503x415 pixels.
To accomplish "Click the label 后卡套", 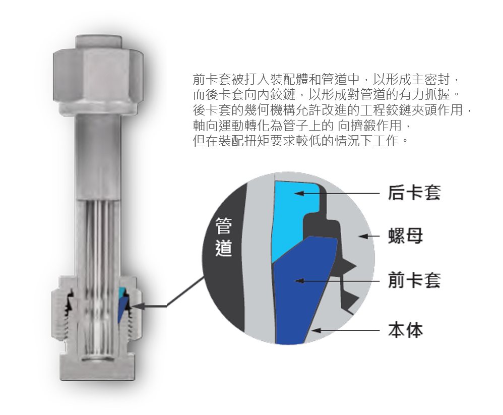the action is [x=414, y=193].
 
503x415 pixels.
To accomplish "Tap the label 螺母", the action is [x=406, y=236].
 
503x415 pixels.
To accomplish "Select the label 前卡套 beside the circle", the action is [x=414, y=280].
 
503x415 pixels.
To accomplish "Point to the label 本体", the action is [x=406, y=330].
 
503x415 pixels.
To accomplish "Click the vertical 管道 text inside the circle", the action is [x=223, y=236].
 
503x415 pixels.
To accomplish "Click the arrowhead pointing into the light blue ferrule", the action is [x=299, y=193].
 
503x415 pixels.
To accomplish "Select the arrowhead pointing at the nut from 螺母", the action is [x=363, y=236].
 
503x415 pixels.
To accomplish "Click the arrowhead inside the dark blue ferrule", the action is [x=299, y=281].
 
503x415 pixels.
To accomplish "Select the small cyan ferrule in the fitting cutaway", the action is [x=121, y=291].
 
